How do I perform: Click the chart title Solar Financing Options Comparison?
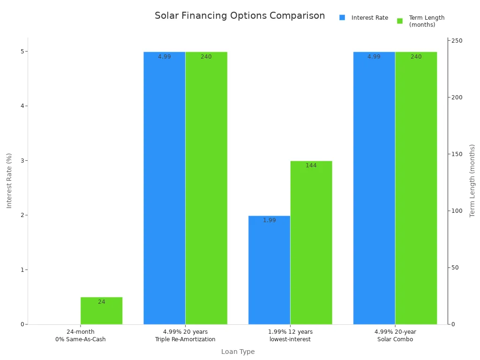pyautogui.click(x=240, y=16)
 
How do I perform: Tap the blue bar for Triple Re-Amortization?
pyautogui.click(x=164, y=187)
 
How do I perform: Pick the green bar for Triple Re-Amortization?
pyautogui.click(x=206, y=187)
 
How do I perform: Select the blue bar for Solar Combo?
pyautogui.click(x=374, y=187)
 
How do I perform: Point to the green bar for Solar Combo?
pyautogui.click(x=416, y=187)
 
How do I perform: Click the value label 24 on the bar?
pyautogui.click(x=102, y=302)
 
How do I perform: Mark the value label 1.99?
pyautogui.click(x=269, y=220)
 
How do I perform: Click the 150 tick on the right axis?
pyautogui.click(x=457, y=154)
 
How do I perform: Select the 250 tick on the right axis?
pyautogui.click(x=457, y=41)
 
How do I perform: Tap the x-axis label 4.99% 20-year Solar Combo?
pyautogui.click(x=395, y=336)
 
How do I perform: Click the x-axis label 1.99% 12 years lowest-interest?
pyautogui.click(x=290, y=336)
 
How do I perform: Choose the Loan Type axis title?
pyautogui.click(x=238, y=352)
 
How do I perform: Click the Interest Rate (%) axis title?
pyautogui.click(x=9, y=180)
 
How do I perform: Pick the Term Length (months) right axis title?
pyautogui.click(x=472, y=180)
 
